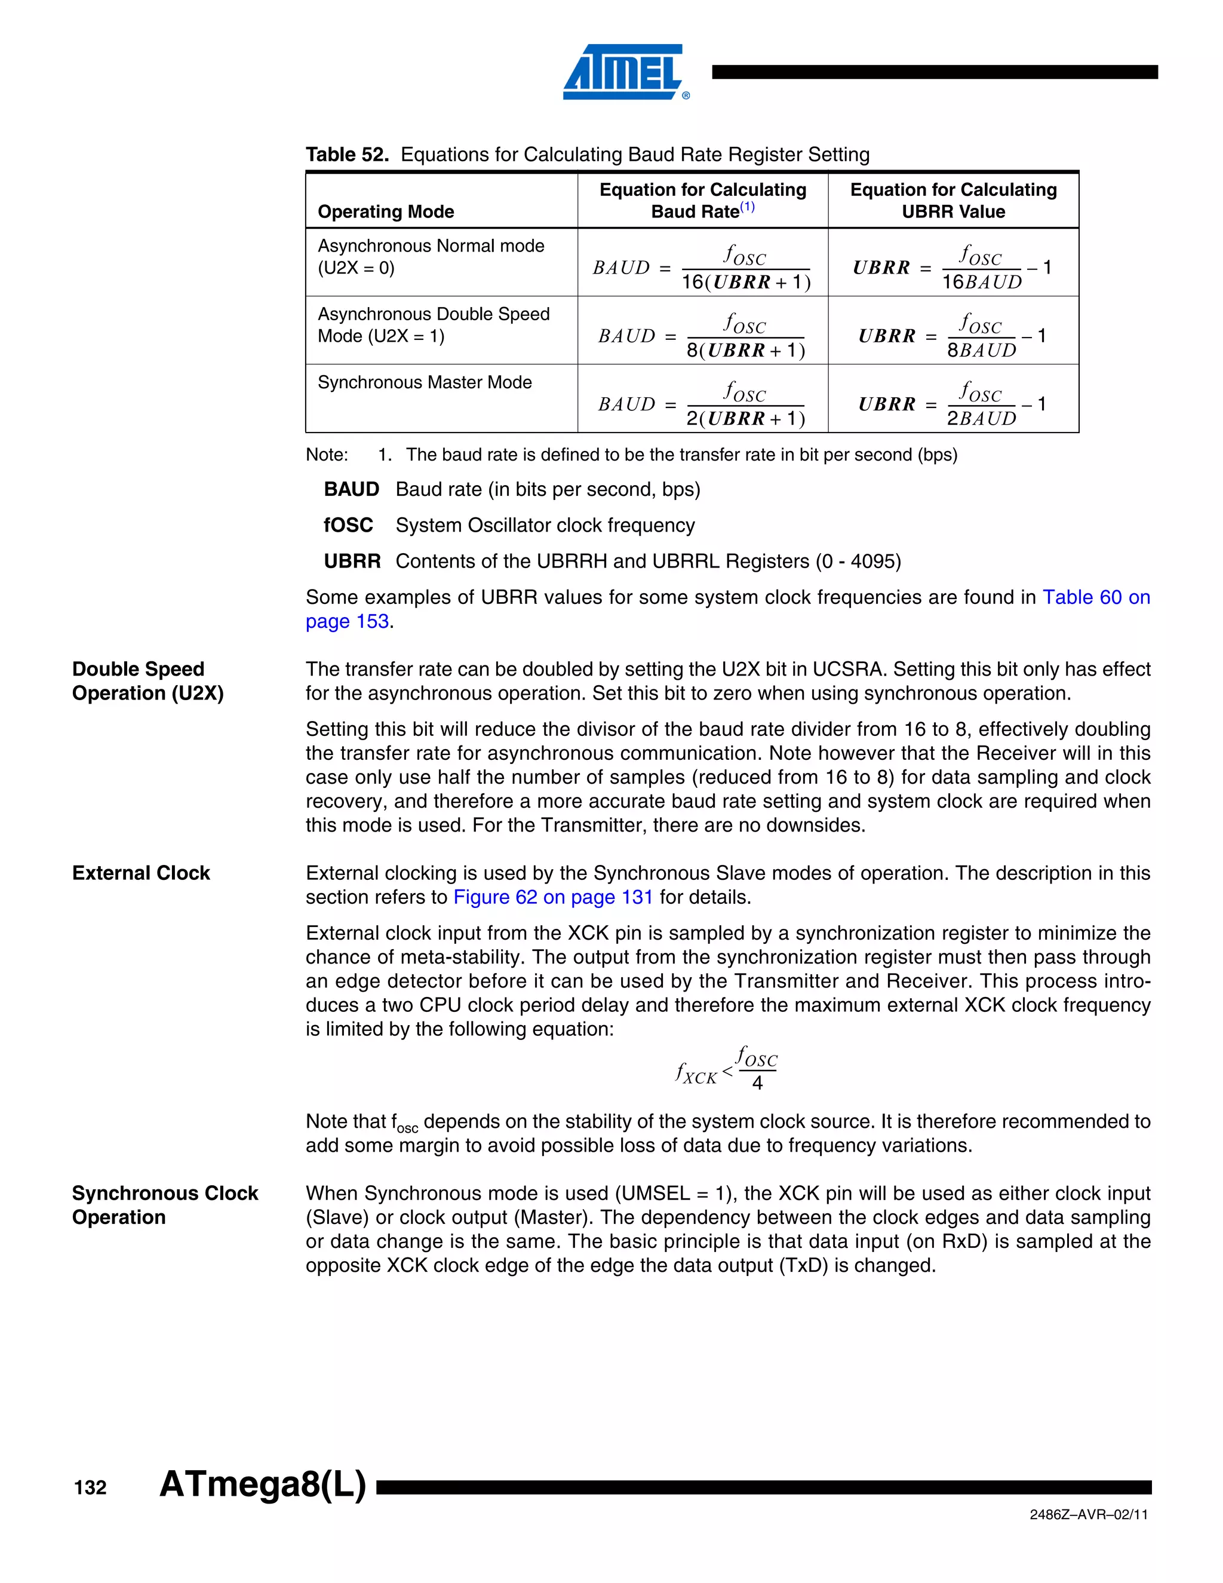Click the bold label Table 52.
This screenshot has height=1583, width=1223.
[x=347, y=154]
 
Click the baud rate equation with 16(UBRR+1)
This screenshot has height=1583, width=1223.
[x=701, y=268]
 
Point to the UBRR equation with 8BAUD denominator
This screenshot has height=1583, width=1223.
[x=952, y=336]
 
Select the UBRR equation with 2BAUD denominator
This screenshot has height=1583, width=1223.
[x=952, y=404]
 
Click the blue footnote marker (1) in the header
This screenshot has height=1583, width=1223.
[x=747, y=207]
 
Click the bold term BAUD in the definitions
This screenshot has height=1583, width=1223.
[x=351, y=489]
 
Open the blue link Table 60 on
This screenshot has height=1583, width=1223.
[x=1095, y=597]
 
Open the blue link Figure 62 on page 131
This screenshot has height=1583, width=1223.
[x=553, y=897]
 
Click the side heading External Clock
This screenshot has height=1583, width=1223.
[x=142, y=873]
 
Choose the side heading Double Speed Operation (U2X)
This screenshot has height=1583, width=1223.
[x=148, y=682]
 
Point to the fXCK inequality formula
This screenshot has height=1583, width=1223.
[x=726, y=1067]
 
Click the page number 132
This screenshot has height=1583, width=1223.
[x=91, y=1487]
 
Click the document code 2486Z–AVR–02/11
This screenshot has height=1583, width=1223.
[x=1088, y=1514]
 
